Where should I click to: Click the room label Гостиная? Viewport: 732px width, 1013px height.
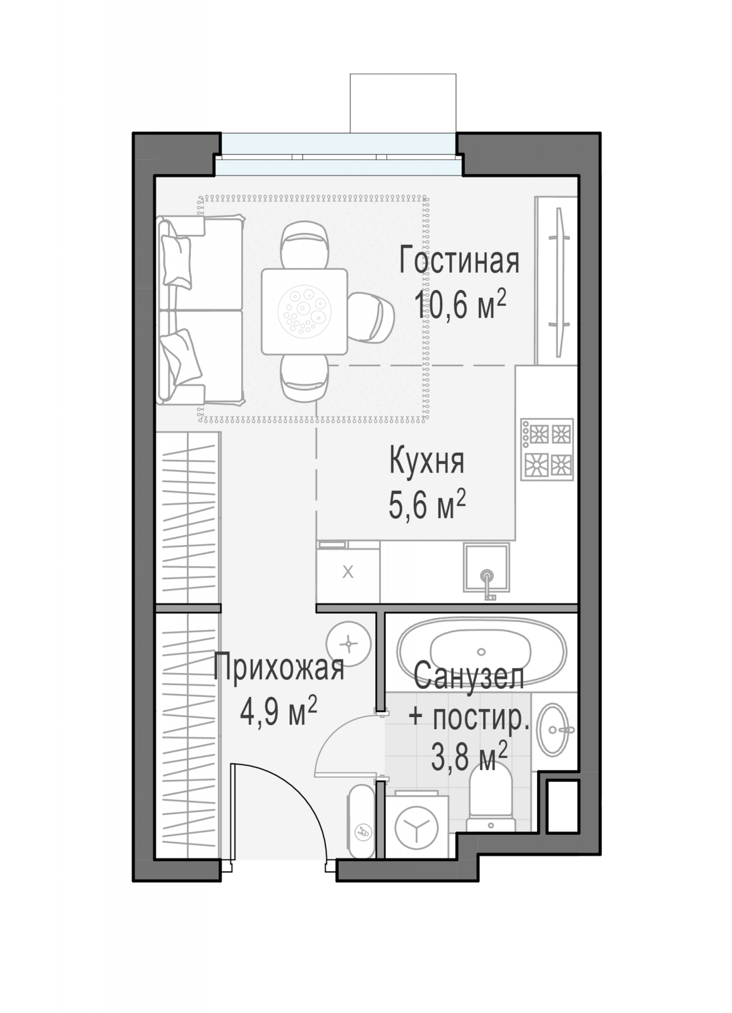click(x=459, y=261)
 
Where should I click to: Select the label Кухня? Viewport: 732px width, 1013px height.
click(x=427, y=461)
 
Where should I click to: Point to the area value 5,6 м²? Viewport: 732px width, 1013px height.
click(x=427, y=505)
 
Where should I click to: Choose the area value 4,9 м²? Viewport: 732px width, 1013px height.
click(x=278, y=712)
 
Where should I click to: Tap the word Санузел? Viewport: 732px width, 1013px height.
click(x=469, y=676)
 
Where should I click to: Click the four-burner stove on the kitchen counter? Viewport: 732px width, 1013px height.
click(x=547, y=449)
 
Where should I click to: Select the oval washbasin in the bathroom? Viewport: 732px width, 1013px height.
click(x=553, y=729)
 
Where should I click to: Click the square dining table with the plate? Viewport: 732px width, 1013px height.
click(x=304, y=311)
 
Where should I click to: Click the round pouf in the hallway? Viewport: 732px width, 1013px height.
click(x=349, y=644)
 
